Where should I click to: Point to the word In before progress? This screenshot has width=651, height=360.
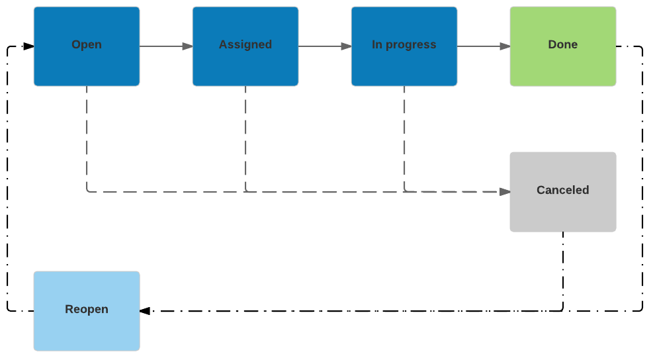click(x=377, y=45)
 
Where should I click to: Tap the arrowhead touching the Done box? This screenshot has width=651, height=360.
click(x=505, y=46)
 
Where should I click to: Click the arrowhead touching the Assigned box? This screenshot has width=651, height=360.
click(x=187, y=46)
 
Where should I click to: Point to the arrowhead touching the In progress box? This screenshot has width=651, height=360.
click(x=346, y=46)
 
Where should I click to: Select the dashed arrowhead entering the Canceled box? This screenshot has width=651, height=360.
click(x=505, y=192)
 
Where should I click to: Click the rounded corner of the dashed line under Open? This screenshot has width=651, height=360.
click(x=88, y=191)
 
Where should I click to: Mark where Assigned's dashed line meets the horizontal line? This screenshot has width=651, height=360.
click(x=245, y=192)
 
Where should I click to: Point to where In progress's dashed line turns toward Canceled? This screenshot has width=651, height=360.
click(x=405, y=191)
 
